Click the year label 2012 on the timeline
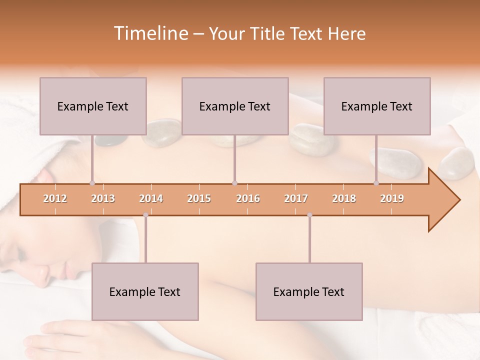[55, 198]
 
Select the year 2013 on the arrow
[103, 198]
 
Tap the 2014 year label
[151, 198]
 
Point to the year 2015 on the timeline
[199, 198]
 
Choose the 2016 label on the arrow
[248, 198]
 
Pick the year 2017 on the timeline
[296, 198]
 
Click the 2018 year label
[344, 198]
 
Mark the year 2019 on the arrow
[392, 198]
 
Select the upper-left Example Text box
[93, 106]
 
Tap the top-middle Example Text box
[235, 106]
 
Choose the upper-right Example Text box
[377, 106]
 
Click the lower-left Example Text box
[145, 291]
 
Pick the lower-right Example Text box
[309, 291]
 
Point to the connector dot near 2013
[92, 183]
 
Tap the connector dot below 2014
[145, 215]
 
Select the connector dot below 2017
[309, 215]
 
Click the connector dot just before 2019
[376, 183]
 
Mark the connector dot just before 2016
[234, 183]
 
